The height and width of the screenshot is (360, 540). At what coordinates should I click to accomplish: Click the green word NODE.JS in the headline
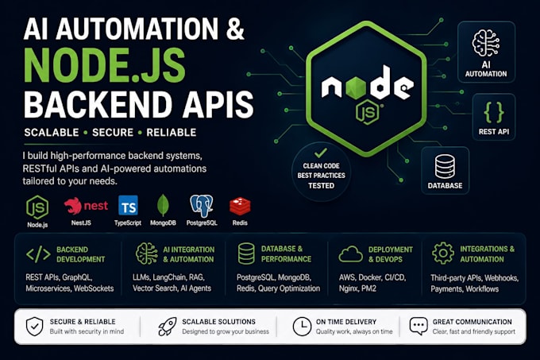pos(105,65)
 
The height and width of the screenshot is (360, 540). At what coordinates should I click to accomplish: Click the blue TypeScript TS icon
pos(128,205)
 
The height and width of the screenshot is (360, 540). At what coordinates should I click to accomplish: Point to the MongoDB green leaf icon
pos(163,205)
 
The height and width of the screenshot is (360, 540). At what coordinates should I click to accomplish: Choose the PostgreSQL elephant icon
pos(202,206)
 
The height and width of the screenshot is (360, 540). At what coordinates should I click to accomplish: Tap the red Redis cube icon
pos(240,206)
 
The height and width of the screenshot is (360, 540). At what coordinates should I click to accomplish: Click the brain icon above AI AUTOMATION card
pos(486,43)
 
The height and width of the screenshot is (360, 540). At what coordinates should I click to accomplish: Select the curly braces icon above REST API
pos(494,112)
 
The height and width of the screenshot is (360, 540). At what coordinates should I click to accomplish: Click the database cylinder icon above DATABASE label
pos(445,166)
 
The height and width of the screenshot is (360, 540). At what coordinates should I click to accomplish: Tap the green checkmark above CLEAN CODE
pos(321,153)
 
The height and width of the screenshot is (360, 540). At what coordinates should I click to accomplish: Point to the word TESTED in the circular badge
pos(322,186)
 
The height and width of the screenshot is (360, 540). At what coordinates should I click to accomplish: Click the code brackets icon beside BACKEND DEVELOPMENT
pos(38,254)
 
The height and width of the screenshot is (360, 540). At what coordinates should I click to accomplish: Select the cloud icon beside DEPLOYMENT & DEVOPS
pos(350,254)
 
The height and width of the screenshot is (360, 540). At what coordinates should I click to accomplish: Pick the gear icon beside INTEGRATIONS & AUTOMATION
pos(443,254)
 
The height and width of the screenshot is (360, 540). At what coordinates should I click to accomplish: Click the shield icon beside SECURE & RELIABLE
pos(34,327)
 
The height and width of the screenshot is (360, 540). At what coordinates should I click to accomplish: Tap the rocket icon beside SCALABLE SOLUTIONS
pos(168,327)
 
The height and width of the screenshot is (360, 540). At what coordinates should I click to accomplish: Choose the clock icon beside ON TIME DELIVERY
pos(302,327)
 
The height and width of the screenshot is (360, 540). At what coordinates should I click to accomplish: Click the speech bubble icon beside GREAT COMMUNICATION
pos(418,326)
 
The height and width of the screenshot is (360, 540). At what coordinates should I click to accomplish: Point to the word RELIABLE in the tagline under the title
pos(172,132)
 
